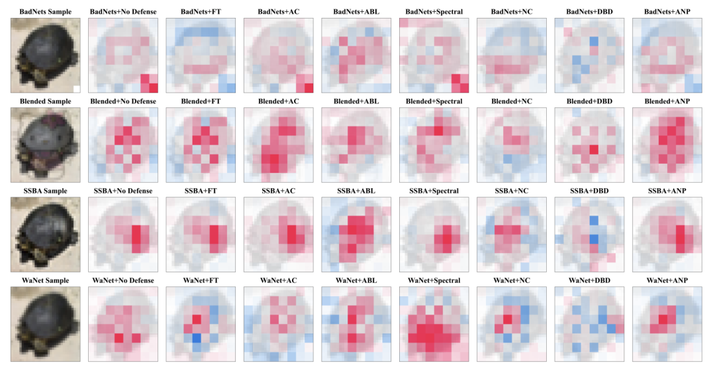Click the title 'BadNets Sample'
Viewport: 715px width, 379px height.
point(45,11)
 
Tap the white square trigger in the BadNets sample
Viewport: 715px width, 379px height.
point(76,88)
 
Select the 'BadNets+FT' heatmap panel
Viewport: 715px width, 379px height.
point(201,56)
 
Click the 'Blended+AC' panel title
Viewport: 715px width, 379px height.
point(278,101)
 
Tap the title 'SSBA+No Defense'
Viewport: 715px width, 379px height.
point(122,191)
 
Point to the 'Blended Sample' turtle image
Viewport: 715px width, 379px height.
point(45,145)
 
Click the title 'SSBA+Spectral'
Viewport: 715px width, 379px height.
point(434,191)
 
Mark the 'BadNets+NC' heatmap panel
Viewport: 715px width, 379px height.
point(511,56)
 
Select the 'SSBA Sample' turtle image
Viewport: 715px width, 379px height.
point(45,235)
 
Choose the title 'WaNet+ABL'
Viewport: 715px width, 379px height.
point(356,280)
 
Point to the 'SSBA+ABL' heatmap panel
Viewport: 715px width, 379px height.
point(356,235)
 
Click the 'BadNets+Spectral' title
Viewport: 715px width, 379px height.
point(434,11)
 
